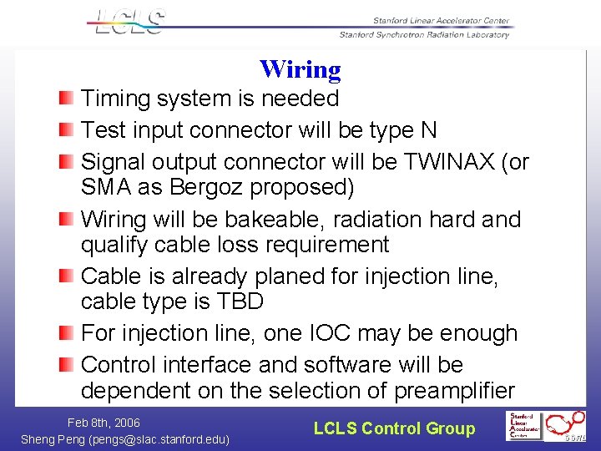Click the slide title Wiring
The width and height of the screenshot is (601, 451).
300,69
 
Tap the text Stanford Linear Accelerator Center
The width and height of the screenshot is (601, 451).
440,21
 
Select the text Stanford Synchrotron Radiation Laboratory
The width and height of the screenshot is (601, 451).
424,35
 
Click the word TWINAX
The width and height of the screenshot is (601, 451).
461,162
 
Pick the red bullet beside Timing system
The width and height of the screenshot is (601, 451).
66,99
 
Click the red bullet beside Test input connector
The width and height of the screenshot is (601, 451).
66,131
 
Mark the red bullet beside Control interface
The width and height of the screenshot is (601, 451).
66,366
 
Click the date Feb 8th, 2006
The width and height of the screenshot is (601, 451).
104,423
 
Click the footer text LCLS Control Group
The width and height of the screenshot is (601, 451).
394,428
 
